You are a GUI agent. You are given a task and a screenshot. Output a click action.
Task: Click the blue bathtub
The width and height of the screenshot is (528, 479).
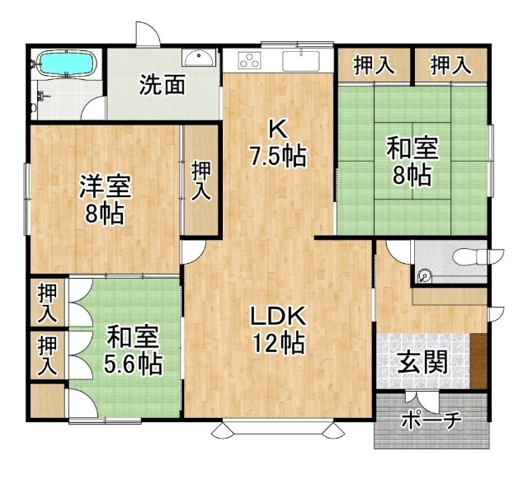click(68, 63)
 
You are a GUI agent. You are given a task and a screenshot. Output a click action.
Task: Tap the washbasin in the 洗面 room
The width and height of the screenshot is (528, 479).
click(199, 57)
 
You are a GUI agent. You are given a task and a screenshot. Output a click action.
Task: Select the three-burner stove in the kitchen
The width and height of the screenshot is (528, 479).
click(250, 60)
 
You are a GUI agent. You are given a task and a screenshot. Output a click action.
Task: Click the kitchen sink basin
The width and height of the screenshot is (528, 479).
click(300, 60)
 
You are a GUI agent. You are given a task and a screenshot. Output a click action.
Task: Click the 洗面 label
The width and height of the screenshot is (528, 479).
click(163, 84)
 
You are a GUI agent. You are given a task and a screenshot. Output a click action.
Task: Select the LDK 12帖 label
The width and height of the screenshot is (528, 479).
click(279, 330)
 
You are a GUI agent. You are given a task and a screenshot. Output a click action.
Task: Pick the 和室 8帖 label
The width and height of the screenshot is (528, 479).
click(412, 161)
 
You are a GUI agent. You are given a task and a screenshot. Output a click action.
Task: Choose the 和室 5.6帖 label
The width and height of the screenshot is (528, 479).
click(133, 350)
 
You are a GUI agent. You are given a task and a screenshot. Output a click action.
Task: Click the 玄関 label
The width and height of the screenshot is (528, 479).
click(422, 362)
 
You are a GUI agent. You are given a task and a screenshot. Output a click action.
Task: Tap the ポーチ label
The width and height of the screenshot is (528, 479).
click(431, 420)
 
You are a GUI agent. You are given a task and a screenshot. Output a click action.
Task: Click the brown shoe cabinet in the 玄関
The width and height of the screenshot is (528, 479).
click(478, 361)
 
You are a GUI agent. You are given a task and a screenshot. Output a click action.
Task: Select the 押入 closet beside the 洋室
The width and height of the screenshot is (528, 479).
click(201, 180)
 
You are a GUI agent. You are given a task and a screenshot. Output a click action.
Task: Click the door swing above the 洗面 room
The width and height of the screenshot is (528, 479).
click(148, 34)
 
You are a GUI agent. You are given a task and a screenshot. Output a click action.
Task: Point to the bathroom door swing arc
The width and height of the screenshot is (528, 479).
click(93, 107)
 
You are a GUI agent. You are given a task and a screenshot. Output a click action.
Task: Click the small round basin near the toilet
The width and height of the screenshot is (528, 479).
click(424, 277)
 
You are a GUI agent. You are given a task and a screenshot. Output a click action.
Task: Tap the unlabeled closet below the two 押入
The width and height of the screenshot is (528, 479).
click(48, 401)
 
